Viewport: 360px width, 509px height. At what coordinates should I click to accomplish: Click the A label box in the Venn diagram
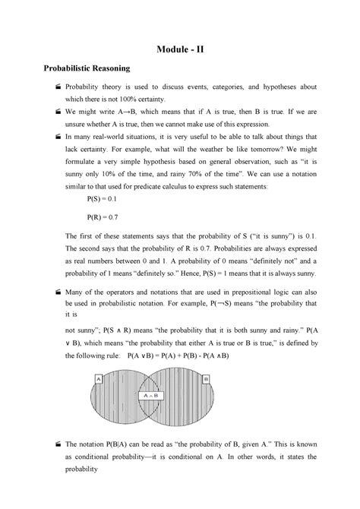(x=99, y=378)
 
